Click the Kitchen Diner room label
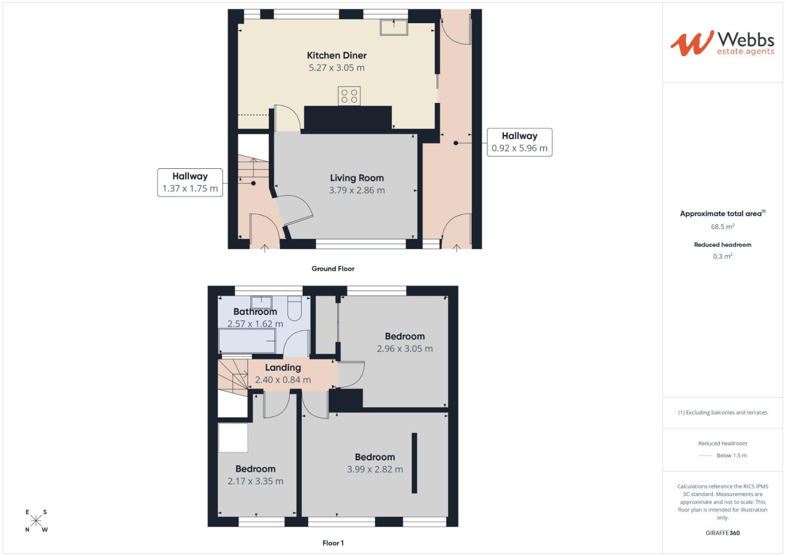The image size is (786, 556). (x=337, y=56)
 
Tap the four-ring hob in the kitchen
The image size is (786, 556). (x=349, y=96)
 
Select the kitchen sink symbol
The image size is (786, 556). (x=394, y=27)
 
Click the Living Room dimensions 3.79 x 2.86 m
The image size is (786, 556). (x=357, y=190)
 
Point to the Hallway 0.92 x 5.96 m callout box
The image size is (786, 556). (x=519, y=142)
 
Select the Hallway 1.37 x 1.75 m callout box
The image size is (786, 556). (x=190, y=182)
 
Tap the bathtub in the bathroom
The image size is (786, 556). (x=247, y=341)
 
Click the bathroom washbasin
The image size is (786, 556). (x=261, y=302)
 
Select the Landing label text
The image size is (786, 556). (x=283, y=368)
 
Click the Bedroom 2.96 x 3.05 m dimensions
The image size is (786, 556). (x=405, y=349)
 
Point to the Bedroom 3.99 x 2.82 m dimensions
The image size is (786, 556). (x=375, y=470)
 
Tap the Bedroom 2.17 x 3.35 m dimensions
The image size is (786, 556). (x=255, y=481)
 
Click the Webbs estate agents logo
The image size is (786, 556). (x=722, y=43)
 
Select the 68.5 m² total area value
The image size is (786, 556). (x=722, y=227)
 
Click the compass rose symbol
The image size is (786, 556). (x=36, y=521)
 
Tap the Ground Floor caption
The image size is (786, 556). (x=333, y=269)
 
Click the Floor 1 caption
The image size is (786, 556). (x=333, y=543)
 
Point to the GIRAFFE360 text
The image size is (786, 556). (x=722, y=533)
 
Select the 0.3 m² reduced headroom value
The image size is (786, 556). (x=722, y=256)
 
